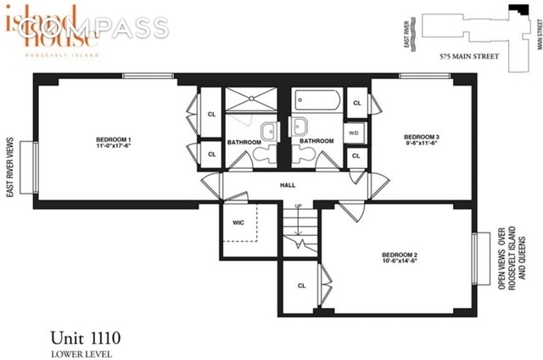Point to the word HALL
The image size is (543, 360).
[286, 181]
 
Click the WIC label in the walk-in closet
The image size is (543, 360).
[238, 223]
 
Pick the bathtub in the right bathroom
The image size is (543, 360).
[317, 103]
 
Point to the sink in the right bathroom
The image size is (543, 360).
[299, 127]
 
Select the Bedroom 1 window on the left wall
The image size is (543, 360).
[35, 167]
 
